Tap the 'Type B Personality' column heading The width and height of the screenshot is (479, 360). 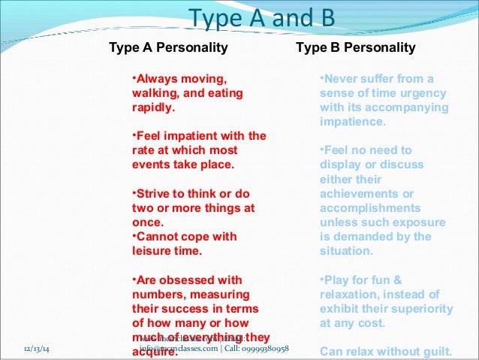coord(355,49)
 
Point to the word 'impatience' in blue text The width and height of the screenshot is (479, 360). coord(352,122)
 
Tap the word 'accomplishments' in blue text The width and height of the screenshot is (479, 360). coord(369,207)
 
